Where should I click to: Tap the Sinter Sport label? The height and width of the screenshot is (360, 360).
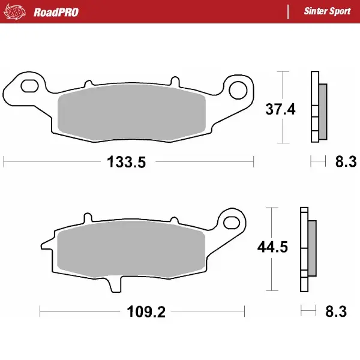(327, 11)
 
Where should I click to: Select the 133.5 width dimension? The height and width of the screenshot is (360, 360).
(127, 162)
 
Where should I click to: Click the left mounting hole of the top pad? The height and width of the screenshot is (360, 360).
(29, 87)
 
